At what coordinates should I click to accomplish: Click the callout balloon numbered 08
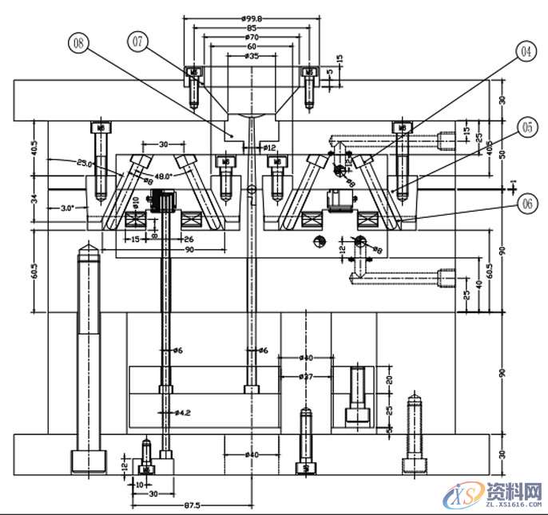coord(78,43)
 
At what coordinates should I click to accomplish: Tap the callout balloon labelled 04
coord(525,53)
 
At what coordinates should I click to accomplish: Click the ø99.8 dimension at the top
coord(252,17)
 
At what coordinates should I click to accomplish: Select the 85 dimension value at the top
coord(252,27)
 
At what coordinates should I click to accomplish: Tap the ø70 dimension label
coord(252,37)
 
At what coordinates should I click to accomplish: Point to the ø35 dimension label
coord(252,56)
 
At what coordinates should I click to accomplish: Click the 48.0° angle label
coord(163,176)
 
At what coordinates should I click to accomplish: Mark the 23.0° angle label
coord(85,163)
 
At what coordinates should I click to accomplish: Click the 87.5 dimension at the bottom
coord(192,505)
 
